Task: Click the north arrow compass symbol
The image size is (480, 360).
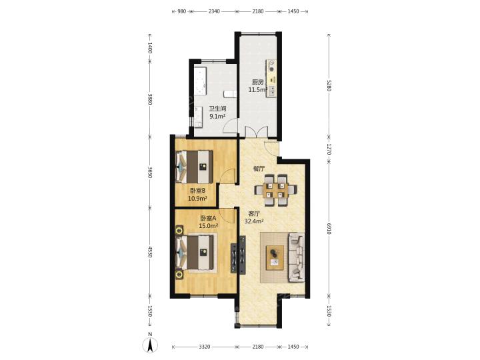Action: (x=150, y=345)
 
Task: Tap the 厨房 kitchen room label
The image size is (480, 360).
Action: (x=257, y=82)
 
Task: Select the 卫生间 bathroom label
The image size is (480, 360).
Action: (x=217, y=109)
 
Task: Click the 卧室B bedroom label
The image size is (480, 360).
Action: (x=197, y=191)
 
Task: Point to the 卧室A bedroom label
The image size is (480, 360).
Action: (x=208, y=218)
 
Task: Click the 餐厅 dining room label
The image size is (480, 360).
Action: (x=259, y=169)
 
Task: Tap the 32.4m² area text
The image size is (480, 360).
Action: (x=255, y=221)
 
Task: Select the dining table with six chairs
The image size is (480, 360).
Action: (x=275, y=190)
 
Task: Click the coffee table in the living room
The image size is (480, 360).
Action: (x=275, y=257)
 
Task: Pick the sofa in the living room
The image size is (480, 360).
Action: (x=296, y=257)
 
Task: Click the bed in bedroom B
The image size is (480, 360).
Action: (x=194, y=167)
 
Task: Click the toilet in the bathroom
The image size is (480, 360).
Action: (x=230, y=94)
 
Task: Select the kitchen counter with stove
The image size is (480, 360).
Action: (x=271, y=79)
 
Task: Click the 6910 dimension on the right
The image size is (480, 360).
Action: (x=329, y=229)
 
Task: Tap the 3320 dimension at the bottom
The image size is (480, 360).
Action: (x=205, y=347)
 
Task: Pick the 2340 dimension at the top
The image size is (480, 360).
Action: (x=214, y=11)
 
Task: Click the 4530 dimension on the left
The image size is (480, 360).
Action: (x=150, y=251)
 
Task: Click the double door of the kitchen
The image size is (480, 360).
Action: (x=257, y=132)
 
